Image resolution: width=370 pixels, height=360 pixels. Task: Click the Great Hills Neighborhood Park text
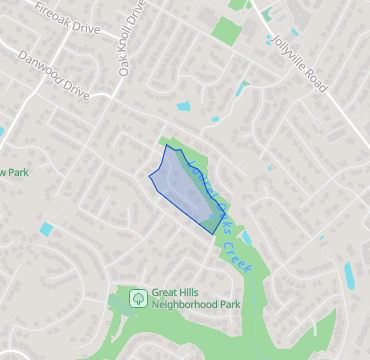(196, 297)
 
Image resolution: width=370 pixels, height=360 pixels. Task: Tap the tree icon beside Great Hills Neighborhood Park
(137, 297)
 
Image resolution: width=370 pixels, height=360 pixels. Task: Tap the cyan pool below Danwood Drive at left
(46, 230)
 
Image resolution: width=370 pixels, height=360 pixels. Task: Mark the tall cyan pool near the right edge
(349, 275)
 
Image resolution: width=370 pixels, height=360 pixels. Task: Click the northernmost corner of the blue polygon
(166, 145)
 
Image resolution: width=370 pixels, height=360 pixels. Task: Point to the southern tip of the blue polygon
(214, 233)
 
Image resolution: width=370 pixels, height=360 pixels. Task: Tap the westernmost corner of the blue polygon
(149, 176)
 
